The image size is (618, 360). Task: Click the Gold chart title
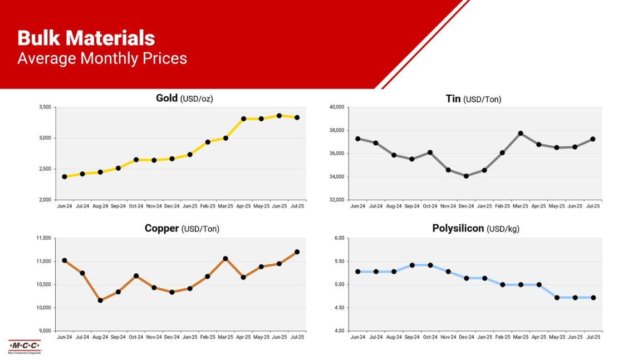[x=184, y=98]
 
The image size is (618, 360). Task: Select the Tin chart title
[x=473, y=98]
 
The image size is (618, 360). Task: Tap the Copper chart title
[x=185, y=229]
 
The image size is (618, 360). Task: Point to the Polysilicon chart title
[x=475, y=229]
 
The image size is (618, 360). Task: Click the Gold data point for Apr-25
[x=243, y=119]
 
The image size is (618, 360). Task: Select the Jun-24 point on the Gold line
[x=65, y=176]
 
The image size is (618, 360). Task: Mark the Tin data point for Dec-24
[x=465, y=176]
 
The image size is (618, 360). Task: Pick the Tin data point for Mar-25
[x=521, y=133]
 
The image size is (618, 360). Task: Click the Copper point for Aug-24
[x=100, y=300]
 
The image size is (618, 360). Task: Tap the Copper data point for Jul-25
[x=297, y=252]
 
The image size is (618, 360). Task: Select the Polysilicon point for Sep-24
[x=412, y=265]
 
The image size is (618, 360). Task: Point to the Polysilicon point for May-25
[x=557, y=298]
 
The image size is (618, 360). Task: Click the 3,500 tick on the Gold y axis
[x=46, y=107]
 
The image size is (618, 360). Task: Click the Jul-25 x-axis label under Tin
[x=593, y=206]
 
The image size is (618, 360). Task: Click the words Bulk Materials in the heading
[x=86, y=38]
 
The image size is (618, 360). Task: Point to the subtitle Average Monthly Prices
[x=102, y=58]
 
